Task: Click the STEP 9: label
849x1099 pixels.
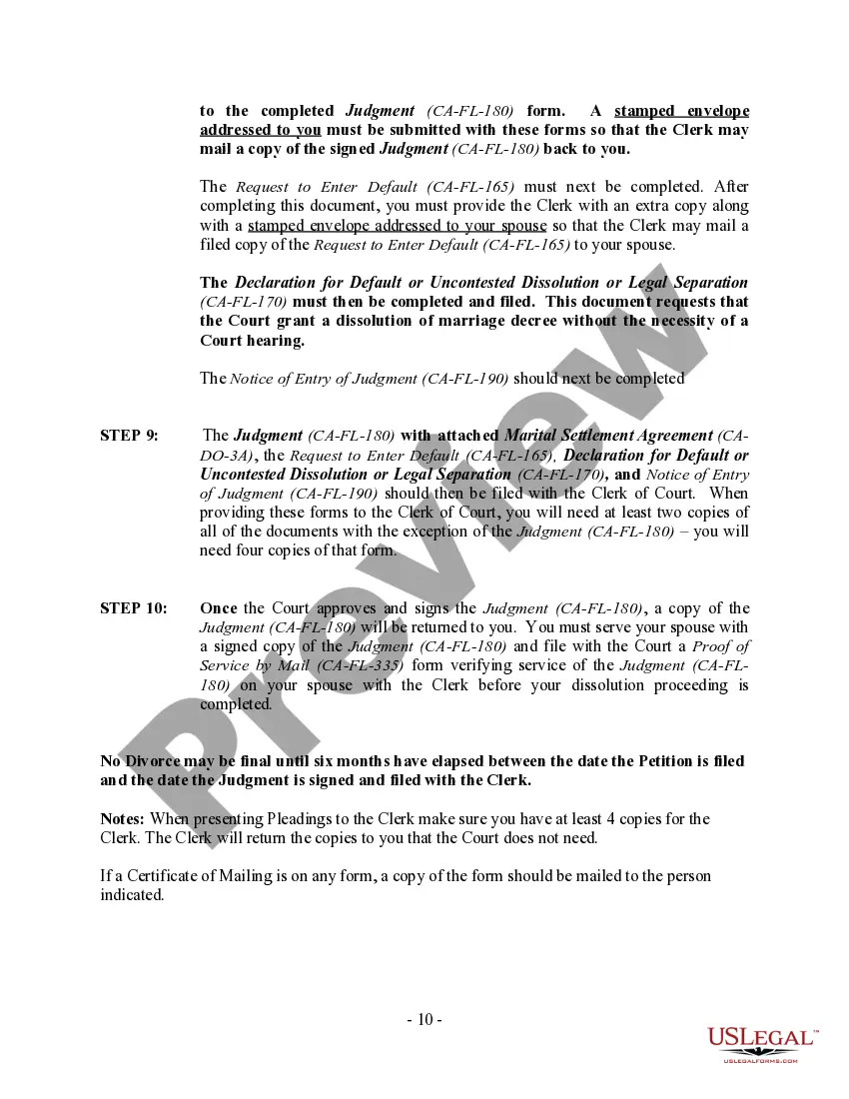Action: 129,436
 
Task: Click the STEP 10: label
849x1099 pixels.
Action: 133,608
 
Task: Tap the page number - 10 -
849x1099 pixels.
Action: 424,1020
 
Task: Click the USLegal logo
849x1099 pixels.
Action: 761,1040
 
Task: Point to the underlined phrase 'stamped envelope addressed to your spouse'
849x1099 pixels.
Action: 398,225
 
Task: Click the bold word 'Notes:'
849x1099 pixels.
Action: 123,819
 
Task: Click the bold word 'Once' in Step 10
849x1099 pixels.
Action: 218,608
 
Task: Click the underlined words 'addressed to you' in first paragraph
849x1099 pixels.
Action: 260,130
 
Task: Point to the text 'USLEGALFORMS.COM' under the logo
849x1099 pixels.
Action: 760,1061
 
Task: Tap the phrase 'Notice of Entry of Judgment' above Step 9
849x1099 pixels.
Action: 324,379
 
